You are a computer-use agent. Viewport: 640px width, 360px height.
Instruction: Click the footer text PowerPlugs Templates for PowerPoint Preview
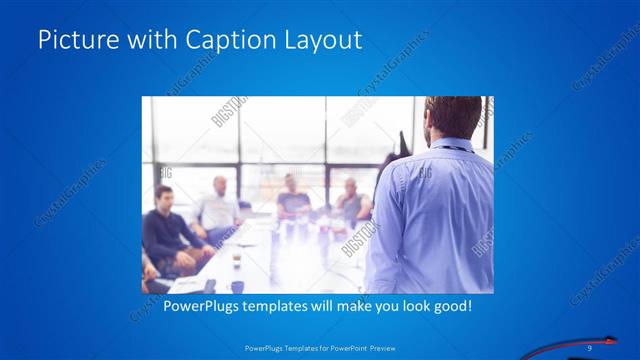pyautogui.click(x=320, y=348)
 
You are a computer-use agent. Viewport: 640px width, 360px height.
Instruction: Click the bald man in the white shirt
pyautogui.click(x=219, y=206)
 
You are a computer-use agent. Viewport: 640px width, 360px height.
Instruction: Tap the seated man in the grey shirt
pyautogui.click(x=351, y=203)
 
